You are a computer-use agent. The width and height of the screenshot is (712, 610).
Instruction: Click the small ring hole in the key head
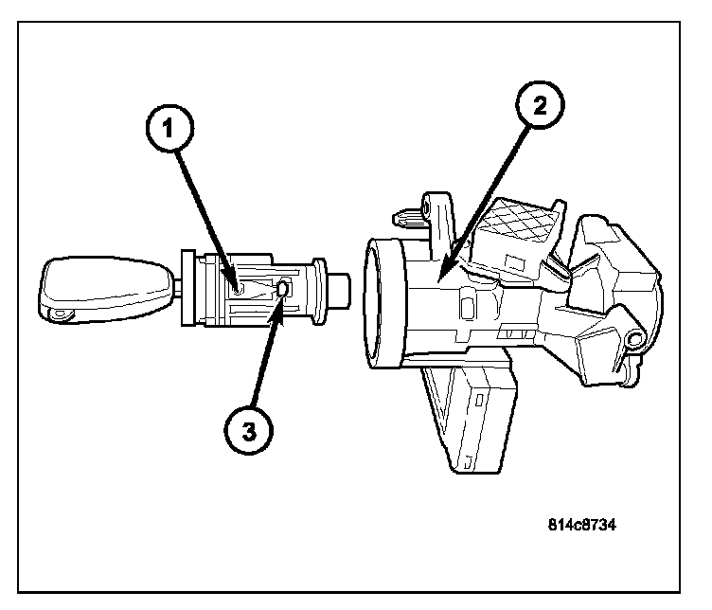click(x=61, y=312)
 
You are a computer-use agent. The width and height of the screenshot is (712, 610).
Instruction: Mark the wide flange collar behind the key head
click(x=187, y=286)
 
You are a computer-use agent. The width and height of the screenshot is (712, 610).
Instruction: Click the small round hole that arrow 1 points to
click(x=240, y=286)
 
